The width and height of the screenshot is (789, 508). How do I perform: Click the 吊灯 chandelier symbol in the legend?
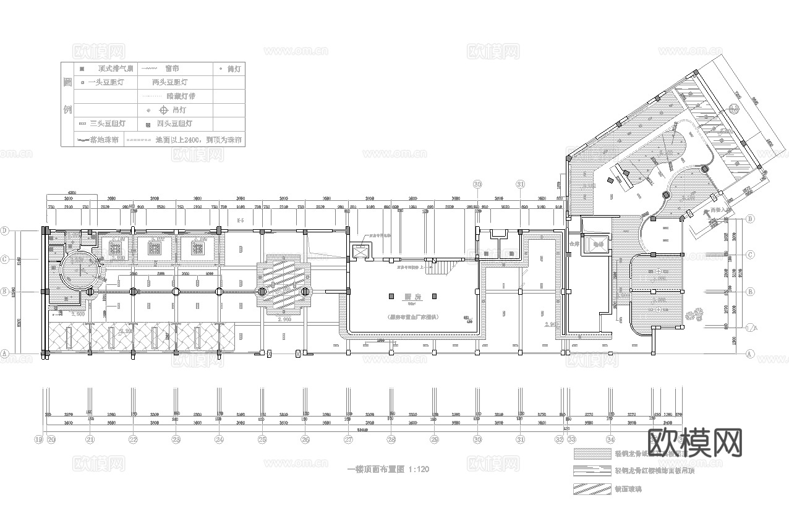[164, 111]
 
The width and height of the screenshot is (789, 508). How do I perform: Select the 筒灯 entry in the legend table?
[231, 69]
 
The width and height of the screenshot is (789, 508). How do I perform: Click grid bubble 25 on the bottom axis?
[262, 439]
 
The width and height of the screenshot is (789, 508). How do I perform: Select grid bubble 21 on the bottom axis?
[90, 439]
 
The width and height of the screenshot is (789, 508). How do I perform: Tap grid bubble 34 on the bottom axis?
[610, 439]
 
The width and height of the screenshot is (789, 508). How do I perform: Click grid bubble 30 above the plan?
[477, 184]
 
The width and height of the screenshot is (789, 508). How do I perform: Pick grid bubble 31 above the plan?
[521, 184]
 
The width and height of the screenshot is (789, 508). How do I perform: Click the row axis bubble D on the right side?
[750, 219]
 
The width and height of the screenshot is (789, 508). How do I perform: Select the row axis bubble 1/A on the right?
[751, 327]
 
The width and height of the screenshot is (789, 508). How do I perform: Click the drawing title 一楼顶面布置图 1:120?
[388, 470]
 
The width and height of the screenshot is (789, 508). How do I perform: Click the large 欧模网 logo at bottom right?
[694, 443]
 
